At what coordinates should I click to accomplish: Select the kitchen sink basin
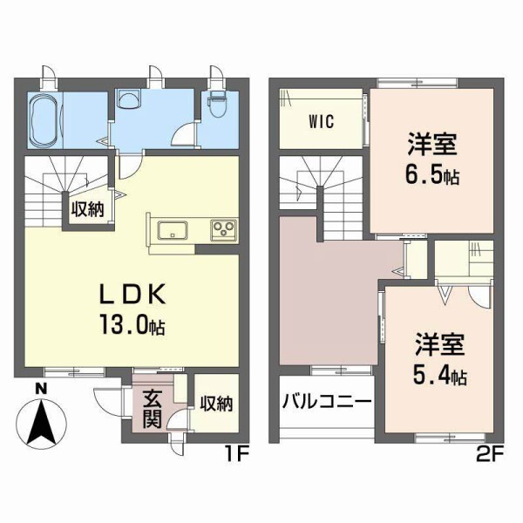(x=171, y=231)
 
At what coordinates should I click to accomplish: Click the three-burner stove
(x=222, y=231)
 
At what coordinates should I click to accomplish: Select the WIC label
(x=321, y=122)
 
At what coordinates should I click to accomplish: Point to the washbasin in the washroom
(x=127, y=99)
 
